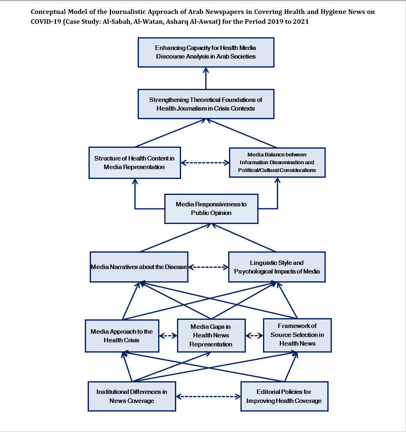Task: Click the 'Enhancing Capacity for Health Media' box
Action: click(206, 52)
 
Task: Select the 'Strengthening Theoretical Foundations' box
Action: click(206, 104)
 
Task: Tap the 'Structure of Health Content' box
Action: click(134, 163)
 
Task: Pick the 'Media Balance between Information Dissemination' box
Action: click(277, 163)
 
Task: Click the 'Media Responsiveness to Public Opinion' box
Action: click(211, 208)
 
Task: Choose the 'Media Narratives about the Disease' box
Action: click(139, 267)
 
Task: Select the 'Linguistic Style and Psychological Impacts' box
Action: click(277, 267)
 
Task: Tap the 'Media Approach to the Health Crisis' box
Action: click(122, 336)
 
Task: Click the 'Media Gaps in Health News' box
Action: click(211, 335)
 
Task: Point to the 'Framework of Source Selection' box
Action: click(297, 335)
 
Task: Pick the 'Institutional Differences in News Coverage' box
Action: click(132, 396)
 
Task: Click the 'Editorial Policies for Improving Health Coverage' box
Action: click(284, 396)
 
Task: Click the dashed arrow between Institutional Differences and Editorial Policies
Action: click(208, 396)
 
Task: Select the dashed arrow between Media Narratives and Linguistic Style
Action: click(209, 267)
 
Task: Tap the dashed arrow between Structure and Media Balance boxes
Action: click(205, 163)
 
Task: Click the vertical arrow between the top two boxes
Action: click(206, 78)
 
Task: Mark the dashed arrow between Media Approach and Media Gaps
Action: click(168, 336)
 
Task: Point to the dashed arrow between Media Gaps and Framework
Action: click(254, 335)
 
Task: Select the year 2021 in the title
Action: click(301, 21)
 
